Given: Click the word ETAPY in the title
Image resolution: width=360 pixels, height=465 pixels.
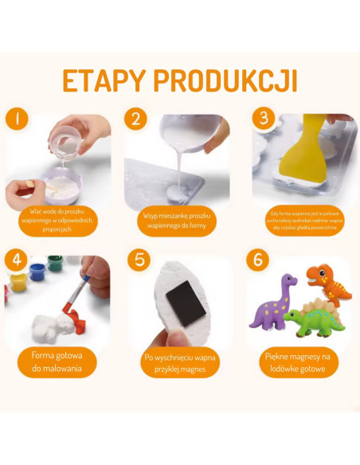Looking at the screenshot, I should (104, 81).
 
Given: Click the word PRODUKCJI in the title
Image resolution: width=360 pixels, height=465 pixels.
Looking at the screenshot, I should (227, 81).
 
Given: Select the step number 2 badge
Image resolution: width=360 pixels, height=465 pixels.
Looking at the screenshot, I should (135, 119).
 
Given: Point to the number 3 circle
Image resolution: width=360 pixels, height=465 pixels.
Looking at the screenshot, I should (262, 119).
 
